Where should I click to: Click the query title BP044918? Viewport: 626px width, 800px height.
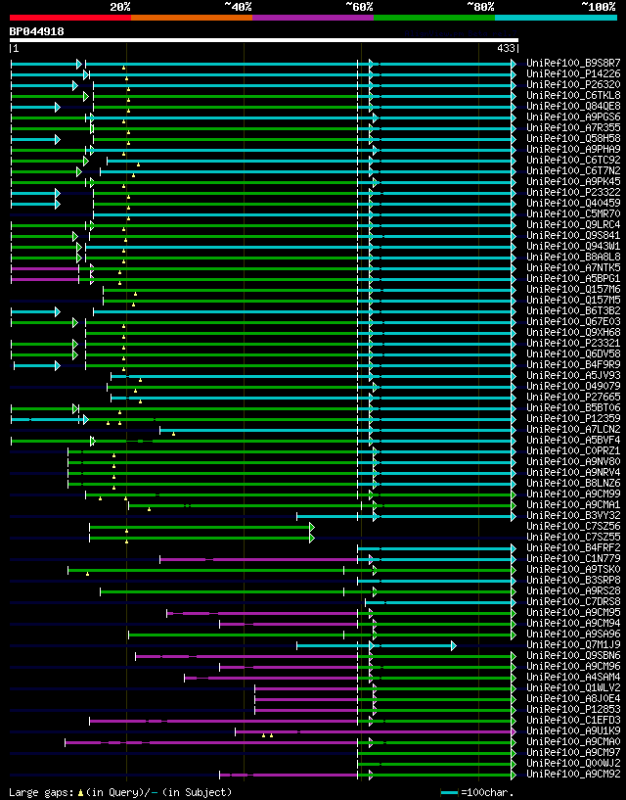[37, 31]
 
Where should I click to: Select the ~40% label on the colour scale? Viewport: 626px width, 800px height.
[238, 6]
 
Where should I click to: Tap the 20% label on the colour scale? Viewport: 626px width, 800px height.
[120, 6]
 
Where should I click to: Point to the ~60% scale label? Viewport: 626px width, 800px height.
[359, 6]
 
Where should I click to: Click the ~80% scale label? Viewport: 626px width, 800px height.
[480, 6]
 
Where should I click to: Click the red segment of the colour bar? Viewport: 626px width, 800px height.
[69, 17]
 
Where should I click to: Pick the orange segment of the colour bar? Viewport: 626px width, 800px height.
[191, 17]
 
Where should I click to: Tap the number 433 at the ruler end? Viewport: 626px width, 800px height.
[506, 48]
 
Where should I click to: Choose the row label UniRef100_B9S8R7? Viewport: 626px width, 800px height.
[573, 63]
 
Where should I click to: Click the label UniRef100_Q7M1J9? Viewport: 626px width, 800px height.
[573, 645]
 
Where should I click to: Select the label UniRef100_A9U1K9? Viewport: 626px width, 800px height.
[573, 731]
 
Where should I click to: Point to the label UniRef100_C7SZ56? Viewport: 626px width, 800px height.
[573, 527]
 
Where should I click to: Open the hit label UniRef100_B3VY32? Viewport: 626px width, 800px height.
[573, 516]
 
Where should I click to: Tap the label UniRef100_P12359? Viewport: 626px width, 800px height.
[573, 419]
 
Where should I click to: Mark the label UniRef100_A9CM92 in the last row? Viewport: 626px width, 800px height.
[573, 775]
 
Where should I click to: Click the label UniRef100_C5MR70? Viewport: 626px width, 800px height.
[573, 213]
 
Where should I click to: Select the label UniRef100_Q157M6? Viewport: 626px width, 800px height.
[573, 290]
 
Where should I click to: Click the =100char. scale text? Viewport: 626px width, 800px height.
[486, 792]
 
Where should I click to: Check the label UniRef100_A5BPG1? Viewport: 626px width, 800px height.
[573, 279]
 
